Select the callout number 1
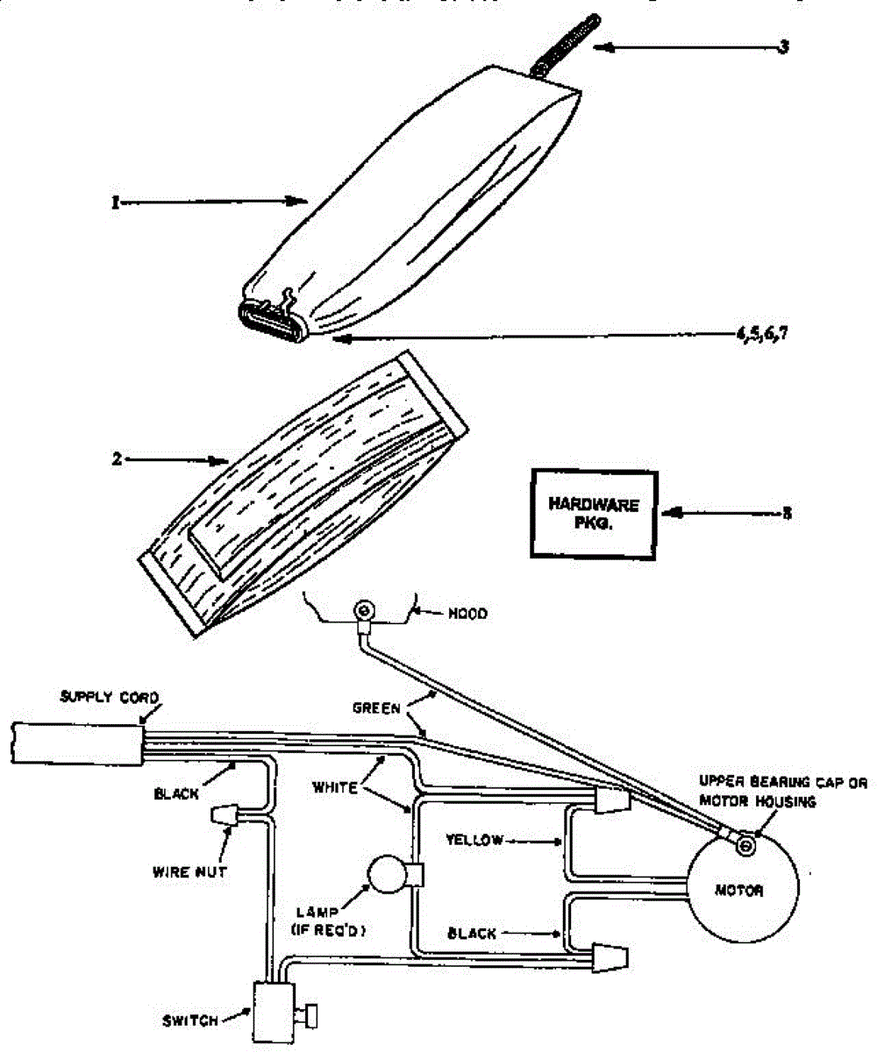[115, 202]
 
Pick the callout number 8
[787, 513]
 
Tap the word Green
[377, 706]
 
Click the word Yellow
[474, 840]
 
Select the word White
[335, 788]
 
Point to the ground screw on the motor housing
[744, 845]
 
